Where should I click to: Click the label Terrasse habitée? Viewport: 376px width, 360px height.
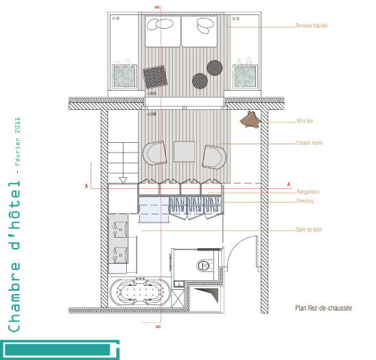[311, 26]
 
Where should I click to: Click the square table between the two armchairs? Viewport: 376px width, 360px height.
[185, 151]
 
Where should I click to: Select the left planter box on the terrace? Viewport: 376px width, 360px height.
[124, 76]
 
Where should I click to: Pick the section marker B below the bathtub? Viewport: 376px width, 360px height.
[158, 328]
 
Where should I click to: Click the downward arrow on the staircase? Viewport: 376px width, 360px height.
[124, 180]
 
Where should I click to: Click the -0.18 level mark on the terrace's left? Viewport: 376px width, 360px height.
[115, 19]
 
